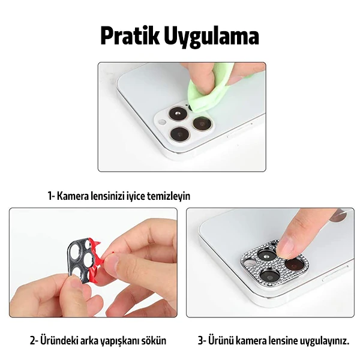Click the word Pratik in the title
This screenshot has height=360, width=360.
130,36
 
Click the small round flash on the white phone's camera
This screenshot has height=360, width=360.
163,122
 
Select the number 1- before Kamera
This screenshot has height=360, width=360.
51,196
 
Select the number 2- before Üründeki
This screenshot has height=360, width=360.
34,340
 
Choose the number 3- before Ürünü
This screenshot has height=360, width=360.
202,341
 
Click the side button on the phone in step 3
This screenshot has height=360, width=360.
335,273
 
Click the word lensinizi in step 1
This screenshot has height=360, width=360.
107,196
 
